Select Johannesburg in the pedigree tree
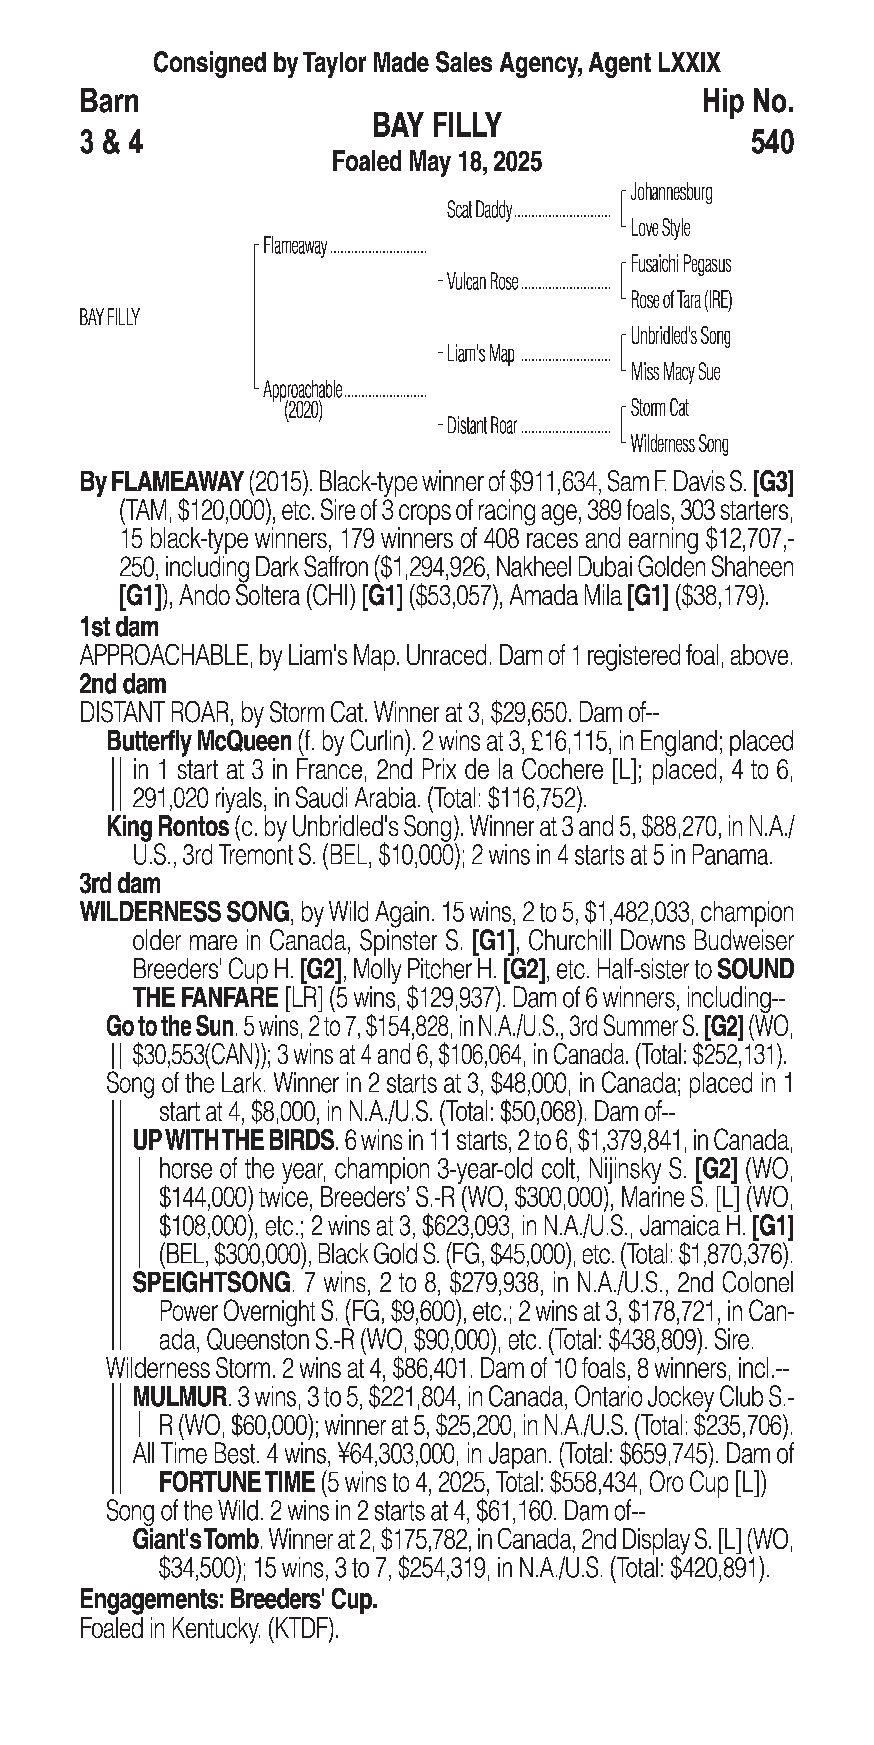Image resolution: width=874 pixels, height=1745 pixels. (671, 192)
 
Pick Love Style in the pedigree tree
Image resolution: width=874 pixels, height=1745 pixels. (660, 228)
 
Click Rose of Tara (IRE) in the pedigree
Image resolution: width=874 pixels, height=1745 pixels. (681, 300)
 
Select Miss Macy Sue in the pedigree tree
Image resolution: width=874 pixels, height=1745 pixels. (675, 372)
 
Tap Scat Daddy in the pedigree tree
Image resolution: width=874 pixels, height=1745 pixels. (479, 211)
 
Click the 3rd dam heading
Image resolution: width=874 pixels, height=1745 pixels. (120, 884)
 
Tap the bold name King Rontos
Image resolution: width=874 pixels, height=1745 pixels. (167, 827)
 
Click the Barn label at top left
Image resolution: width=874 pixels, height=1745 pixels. (109, 102)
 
